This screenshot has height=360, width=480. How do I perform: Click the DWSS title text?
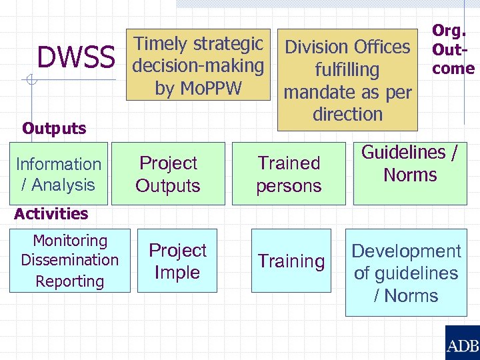pyautogui.click(x=76, y=58)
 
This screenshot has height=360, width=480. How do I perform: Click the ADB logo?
pyautogui.click(x=462, y=344)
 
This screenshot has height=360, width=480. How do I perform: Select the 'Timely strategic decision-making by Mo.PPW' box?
pyautogui.click(x=198, y=65)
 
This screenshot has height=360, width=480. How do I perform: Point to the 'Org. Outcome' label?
pyautogui.click(x=453, y=49)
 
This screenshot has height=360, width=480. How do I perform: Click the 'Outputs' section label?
pyautogui.click(x=54, y=128)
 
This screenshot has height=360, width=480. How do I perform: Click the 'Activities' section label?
pyautogui.click(x=51, y=213)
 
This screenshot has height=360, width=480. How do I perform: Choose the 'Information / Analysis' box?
pyautogui.click(x=59, y=174)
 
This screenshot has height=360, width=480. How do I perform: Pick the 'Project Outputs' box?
pyautogui.click(x=168, y=174)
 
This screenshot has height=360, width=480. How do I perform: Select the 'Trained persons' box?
pyautogui.click(x=289, y=174)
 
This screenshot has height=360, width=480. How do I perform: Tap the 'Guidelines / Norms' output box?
pyautogui.click(x=410, y=164)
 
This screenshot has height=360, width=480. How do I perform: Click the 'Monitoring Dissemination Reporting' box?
pyautogui.click(x=69, y=261)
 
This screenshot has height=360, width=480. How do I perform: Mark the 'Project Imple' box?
pyautogui.click(x=177, y=261)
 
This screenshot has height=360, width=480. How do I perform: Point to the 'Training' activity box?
pyautogui.click(x=291, y=261)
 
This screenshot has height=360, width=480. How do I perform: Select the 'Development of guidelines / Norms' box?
pyautogui.click(x=406, y=273)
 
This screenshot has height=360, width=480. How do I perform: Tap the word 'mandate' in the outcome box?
pyautogui.click(x=315, y=92)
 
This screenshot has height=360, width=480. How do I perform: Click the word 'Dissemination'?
pyautogui.click(x=69, y=260)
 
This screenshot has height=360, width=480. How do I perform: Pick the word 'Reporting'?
pyautogui.click(x=69, y=281)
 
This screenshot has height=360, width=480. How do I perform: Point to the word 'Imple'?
pyautogui.click(x=177, y=272)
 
